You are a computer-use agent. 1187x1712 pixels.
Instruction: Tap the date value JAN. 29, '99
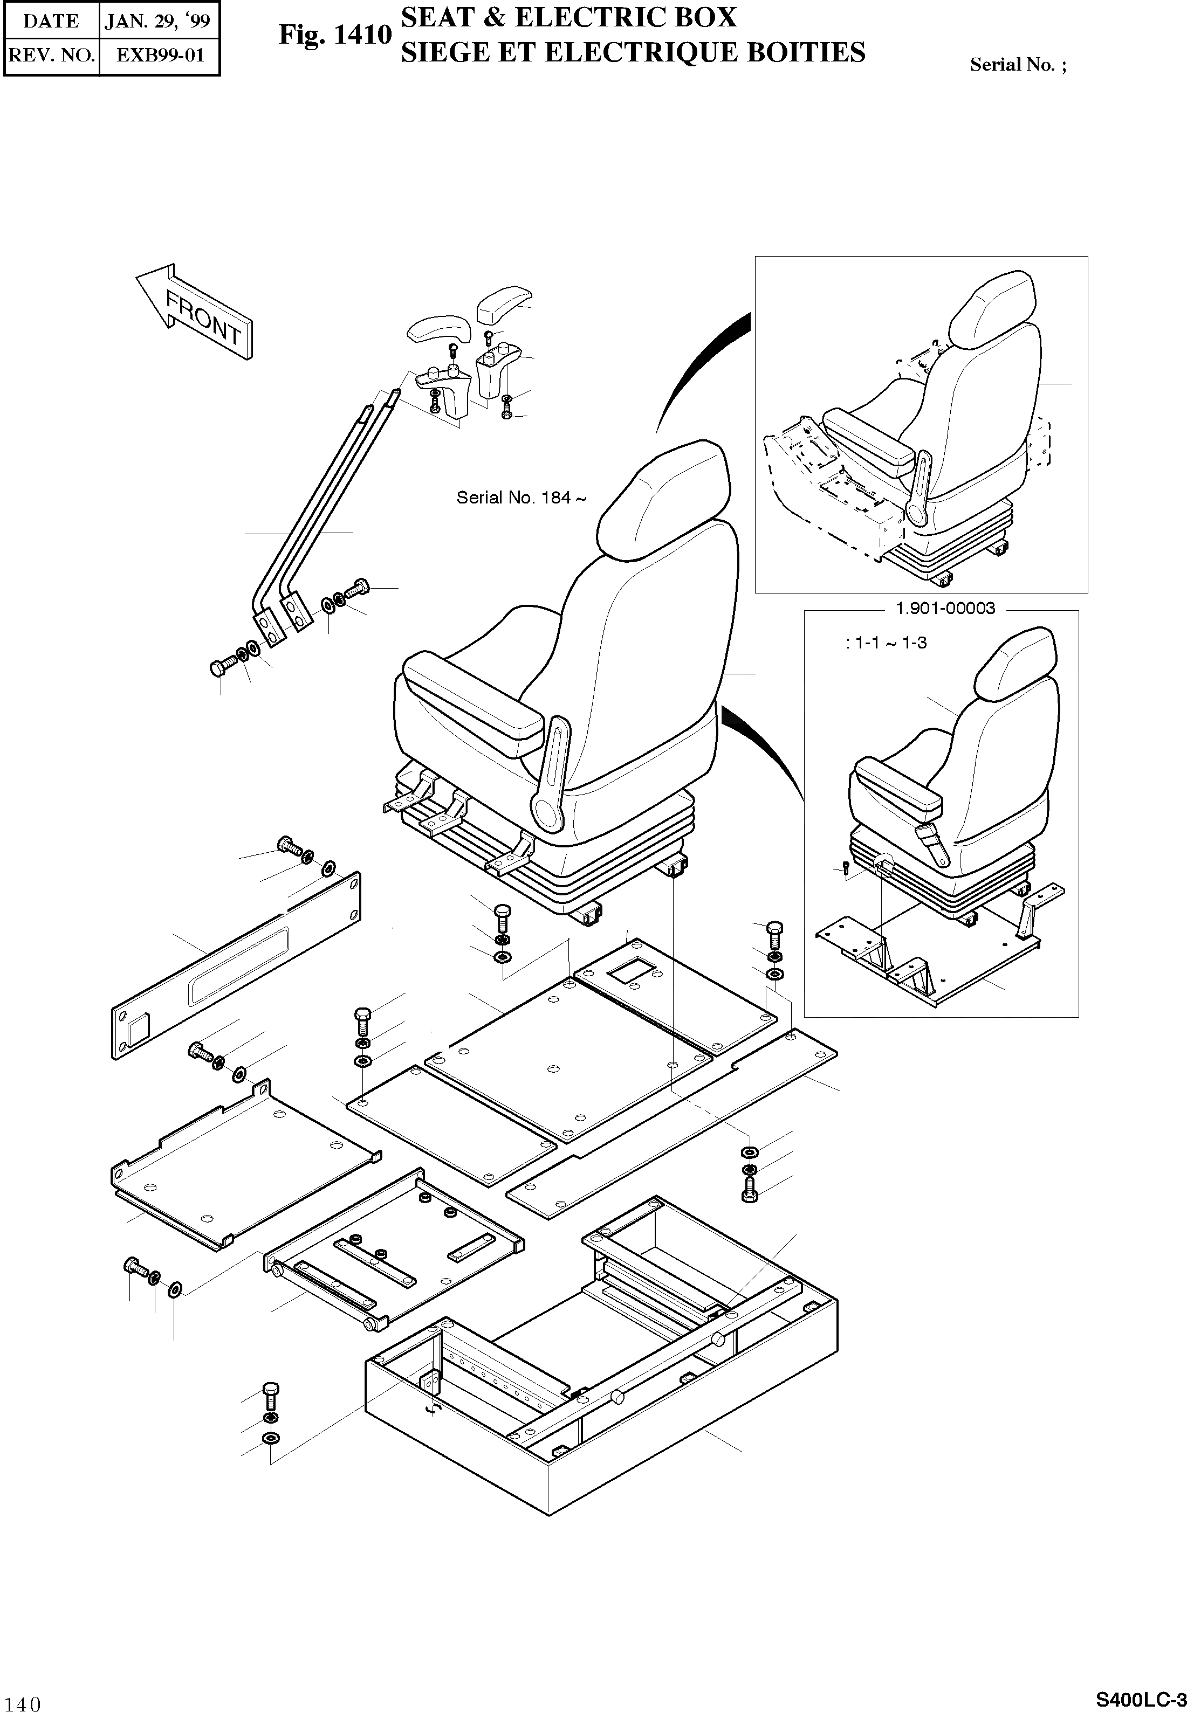[x=157, y=21]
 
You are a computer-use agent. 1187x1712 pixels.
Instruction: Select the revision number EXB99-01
[x=159, y=55]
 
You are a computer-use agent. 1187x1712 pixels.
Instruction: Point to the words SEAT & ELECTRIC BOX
[x=569, y=18]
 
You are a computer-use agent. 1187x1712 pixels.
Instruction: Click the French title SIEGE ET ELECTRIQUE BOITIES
[x=633, y=53]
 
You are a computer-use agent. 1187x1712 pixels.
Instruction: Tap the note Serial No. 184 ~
[x=520, y=498]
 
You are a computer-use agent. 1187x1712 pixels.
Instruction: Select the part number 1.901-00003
[x=944, y=609]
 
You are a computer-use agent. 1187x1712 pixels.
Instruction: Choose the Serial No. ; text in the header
[x=1018, y=65]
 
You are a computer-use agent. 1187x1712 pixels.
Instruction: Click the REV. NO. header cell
[x=51, y=55]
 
